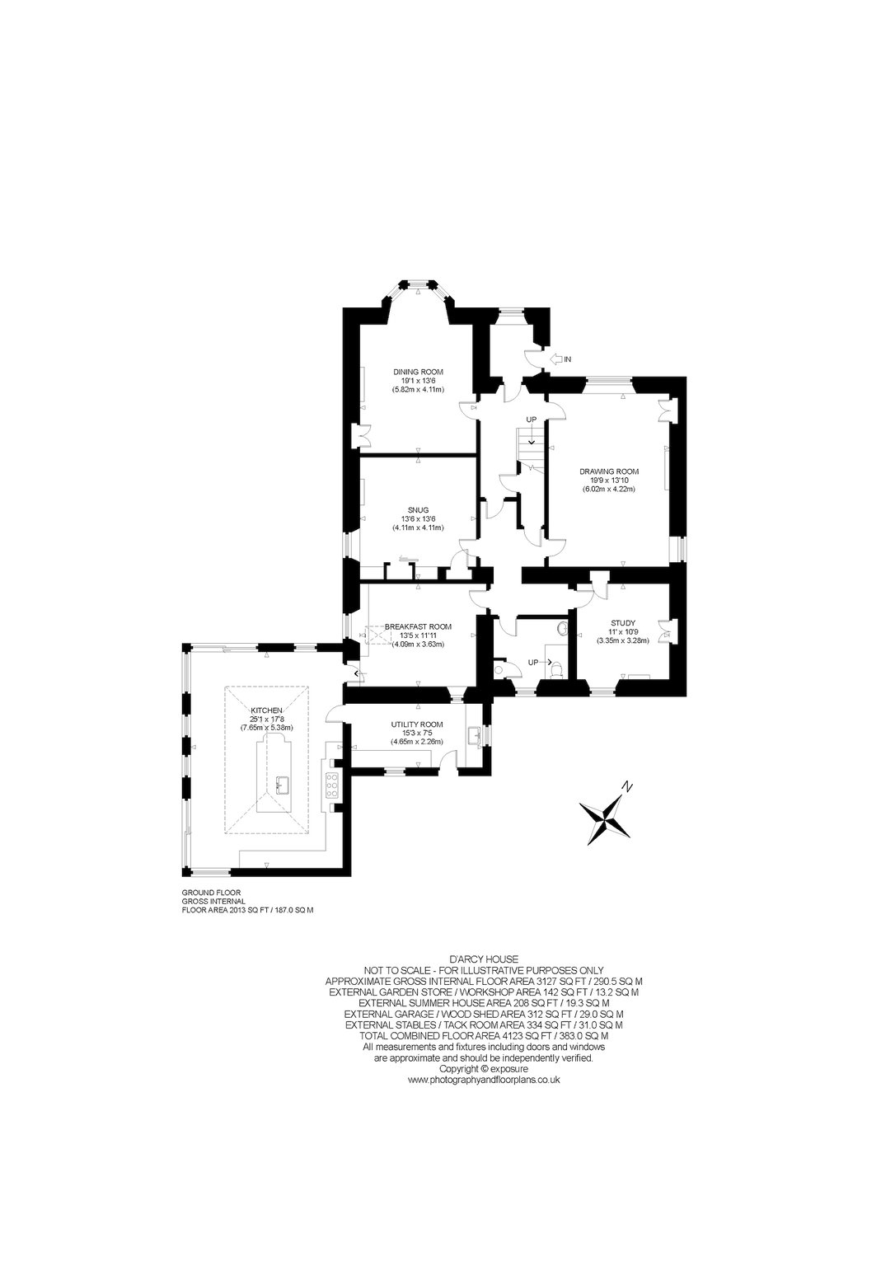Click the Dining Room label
(x=418, y=372)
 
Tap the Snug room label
(x=418, y=510)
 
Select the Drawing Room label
(x=609, y=471)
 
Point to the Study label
(x=623, y=623)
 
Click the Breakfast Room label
(x=418, y=626)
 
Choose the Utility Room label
(x=417, y=724)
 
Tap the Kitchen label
(x=267, y=710)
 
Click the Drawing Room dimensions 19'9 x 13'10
(x=609, y=481)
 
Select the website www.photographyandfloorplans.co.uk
(x=484, y=1080)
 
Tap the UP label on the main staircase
(x=531, y=420)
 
